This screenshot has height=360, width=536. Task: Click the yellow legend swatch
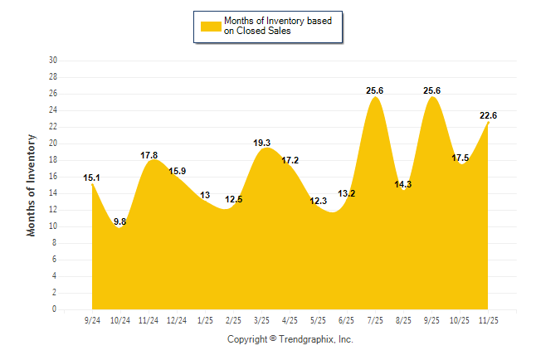[x=211, y=27]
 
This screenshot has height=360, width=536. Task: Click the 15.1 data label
[x=92, y=178]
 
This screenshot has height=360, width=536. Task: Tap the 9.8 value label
[x=120, y=221]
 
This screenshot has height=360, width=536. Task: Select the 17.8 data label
[x=149, y=154]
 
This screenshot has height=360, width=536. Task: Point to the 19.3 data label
[x=262, y=143]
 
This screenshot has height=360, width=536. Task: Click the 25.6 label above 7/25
[x=374, y=90]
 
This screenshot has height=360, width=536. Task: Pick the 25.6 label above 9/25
[x=431, y=90]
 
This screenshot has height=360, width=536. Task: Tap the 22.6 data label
[x=488, y=115]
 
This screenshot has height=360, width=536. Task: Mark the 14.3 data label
[x=402, y=184]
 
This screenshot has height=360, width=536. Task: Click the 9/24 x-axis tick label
[x=92, y=319]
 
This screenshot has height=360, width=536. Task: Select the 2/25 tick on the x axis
[x=233, y=319]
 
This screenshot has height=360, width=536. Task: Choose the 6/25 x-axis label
[x=346, y=319]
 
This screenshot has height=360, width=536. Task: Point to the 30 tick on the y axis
[x=53, y=61]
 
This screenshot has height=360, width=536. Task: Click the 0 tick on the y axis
[x=55, y=309]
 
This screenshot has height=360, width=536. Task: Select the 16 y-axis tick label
[x=53, y=177]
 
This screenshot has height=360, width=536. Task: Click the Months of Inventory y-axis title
[x=32, y=185]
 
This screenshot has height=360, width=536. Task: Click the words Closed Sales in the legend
[x=261, y=32]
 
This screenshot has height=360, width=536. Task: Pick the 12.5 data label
[x=233, y=199]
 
